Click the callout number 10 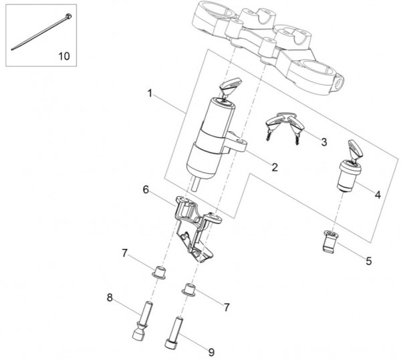click(64, 56)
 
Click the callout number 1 click(150, 93)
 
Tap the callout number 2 click(275, 167)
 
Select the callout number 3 click(324, 142)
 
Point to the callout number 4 click(378, 195)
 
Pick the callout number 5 click(368, 261)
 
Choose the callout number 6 click(146, 190)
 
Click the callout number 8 click(110, 298)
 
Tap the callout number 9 click(211, 353)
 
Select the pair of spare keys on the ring click(285, 126)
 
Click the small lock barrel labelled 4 click(349, 175)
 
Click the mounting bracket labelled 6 click(196, 228)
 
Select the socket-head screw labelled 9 click(174, 333)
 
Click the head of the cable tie click(68, 16)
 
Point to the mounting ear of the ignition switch click(237, 143)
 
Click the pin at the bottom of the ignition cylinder click(196, 185)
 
